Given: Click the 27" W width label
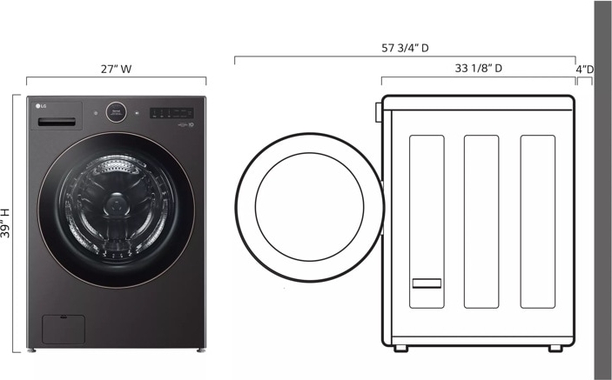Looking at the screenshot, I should pyautogui.click(x=115, y=69).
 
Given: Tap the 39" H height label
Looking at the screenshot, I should pyautogui.click(x=7, y=223).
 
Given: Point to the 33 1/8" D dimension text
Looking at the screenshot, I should pyautogui.click(x=478, y=68).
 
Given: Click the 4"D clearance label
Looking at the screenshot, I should pyautogui.click(x=585, y=69).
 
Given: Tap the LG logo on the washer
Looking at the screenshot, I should pyautogui.click(x=39, y=108).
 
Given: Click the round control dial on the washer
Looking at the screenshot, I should pyautogui.click(x=117, y=112).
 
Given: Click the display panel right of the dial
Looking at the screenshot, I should pyautogui.click(x=171, y=112).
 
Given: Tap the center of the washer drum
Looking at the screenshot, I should pyautogui.click(x=117, y=205).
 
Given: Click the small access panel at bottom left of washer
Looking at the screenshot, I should pyautogui.click(x=64, y=328).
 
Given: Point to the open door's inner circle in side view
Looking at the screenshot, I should pyautogui.click(x=308, y=206).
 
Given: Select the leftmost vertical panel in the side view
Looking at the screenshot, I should pyautogui.click(x=426, y=222).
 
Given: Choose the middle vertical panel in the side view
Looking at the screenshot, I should pyautogui.click(x=481, y=222).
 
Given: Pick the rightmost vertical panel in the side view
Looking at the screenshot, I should pyautogui.click(x=537, y=222).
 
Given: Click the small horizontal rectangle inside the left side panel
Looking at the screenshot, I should pyautogui.click(x=427, y=283).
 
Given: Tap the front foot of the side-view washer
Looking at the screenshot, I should pyautogui.click(x=400, y=348).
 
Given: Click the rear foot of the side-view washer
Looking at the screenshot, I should pyautogui.click(x=555, y=348).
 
